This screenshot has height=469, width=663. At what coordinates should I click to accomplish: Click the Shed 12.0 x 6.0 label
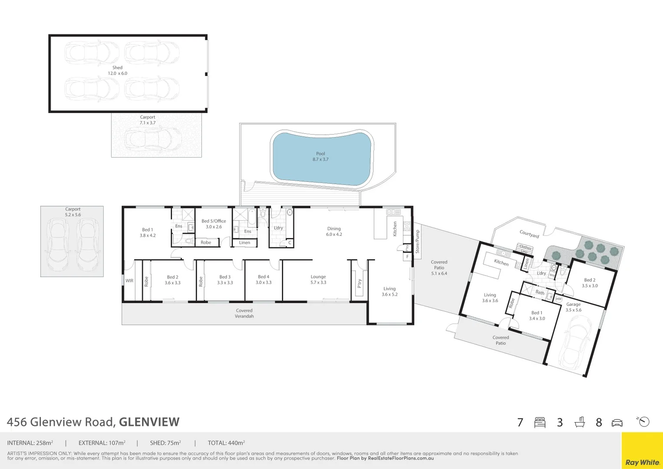(x=117, y=70)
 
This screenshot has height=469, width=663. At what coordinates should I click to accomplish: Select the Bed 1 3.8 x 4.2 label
(x=147, y=232)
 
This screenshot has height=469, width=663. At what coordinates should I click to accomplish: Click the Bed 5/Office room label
(x=214, y=224)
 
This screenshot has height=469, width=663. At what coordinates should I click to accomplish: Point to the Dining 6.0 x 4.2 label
(x=334, y=231)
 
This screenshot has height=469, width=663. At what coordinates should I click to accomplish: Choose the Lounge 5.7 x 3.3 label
(x=318, y=279)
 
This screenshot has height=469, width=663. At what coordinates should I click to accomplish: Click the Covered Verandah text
(x=244, y=313)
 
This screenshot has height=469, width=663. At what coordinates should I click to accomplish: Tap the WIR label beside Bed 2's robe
(x=129, y=281)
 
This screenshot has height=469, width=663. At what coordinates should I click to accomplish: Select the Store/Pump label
(x=417, y=242)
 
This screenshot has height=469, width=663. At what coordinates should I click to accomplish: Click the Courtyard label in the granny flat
(x=529, y=234)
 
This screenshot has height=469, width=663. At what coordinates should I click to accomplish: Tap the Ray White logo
(x=642, y=462)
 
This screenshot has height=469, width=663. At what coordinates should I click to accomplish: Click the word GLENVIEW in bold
(x=149, y=422)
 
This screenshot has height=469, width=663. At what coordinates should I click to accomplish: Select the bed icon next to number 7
(x=540, y=423)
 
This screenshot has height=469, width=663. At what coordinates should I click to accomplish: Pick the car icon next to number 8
(x=617, y=423)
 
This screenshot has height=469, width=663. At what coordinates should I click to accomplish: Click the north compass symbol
(x=643, y=421)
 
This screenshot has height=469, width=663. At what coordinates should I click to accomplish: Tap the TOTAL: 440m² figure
(x=226, y=443)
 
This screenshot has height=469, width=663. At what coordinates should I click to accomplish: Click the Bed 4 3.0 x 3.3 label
(x=263, y=279)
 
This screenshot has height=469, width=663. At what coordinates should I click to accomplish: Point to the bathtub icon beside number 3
(x=579, y=422)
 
